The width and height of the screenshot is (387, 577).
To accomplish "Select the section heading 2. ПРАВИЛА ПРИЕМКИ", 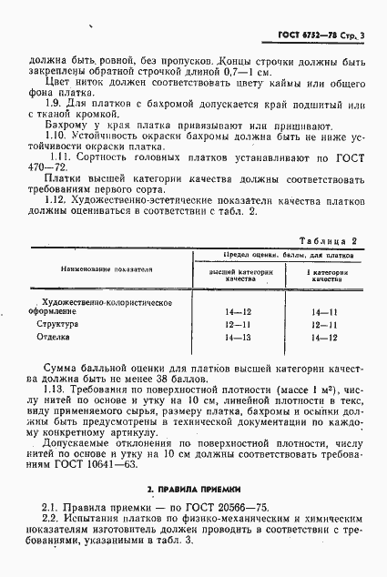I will [193, 489].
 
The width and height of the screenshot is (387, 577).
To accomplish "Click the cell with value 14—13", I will [237, 338].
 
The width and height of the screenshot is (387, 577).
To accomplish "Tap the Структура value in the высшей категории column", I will [237, 324].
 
